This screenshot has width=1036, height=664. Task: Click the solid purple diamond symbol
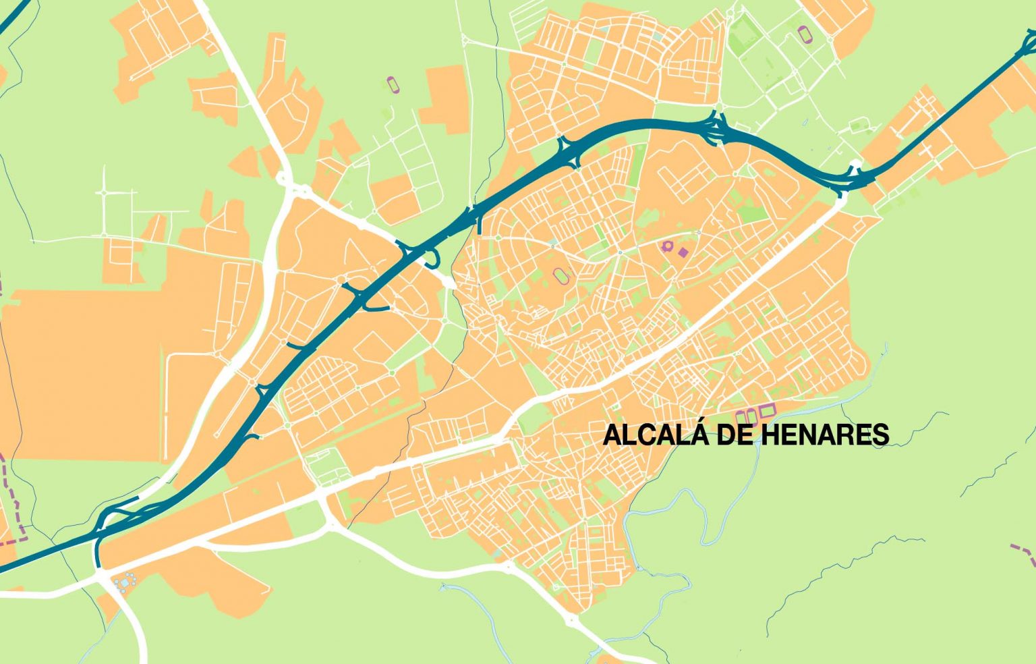[683, 252]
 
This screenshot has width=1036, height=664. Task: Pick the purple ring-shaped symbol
[668, 246]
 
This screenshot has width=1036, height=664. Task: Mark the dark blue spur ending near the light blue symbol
[98, 553]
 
